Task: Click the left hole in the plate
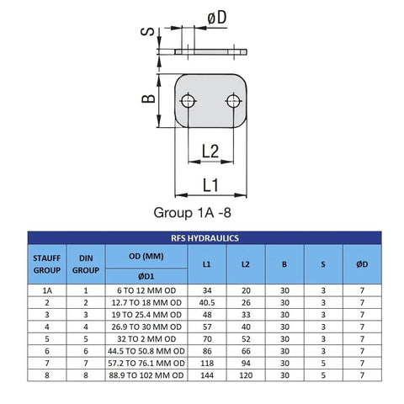click(x=188, y=101)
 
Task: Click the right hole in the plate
click(x=233, y=101)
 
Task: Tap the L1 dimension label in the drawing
click(x=210, y=185)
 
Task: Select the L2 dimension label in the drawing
click(x=210, y=151)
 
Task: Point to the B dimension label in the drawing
click(x=148, y=98)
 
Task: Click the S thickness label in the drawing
click(x=147, y=31)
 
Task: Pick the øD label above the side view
click(x=217, y=18)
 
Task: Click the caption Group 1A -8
click(x=193, y=213)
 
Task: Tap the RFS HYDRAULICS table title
click(x=205, y=238)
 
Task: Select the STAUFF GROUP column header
click(x=47, y=264)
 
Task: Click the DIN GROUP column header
click(x=86, y=264)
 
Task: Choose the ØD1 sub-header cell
click(x=146, y=277)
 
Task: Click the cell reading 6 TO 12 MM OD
click(x=146, y=290)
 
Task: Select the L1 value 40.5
click(x=207, y=303)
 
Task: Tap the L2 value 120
click(x=246, y=375)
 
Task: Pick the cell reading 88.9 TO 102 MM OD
click(x=146, y=375)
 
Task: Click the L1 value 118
click(x=207, y=364)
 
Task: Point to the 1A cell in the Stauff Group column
click(x=47, y=290)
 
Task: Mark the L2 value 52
click(x=246, y=339)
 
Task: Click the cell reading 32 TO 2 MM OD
click(x=146, y=339)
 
